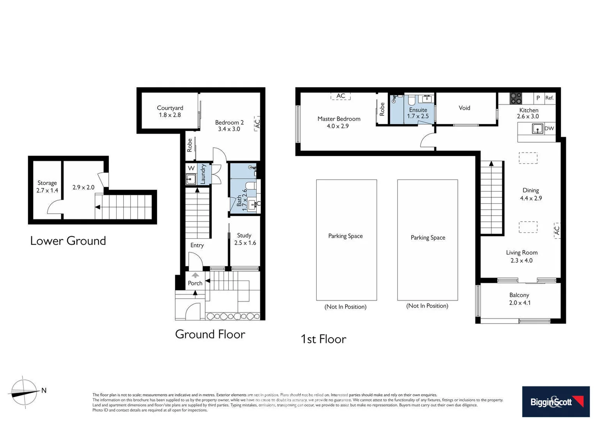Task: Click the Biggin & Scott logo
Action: coord(556,402)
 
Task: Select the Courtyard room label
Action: coord(170,108)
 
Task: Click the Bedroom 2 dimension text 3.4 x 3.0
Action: coord(229,129)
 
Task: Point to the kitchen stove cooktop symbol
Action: coord(516,98)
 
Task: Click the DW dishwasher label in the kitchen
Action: coord(549,129)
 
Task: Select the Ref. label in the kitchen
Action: coord(549,98)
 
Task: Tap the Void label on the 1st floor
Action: coord(464,108)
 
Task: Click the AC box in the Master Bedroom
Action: coord(341,96)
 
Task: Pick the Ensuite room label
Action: coord(418,110)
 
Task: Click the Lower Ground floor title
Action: coord(68,241)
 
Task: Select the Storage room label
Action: coord(47,183)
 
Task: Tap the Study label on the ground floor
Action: coord(244,235)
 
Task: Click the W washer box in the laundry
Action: coord(191,168)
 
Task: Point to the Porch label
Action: coord(195,283)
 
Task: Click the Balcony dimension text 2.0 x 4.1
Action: coord(520,303)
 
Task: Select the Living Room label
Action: coord(521,252)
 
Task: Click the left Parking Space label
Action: coord(345,236)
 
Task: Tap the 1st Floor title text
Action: coord(323,339)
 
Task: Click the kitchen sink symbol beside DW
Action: coord(537,129)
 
